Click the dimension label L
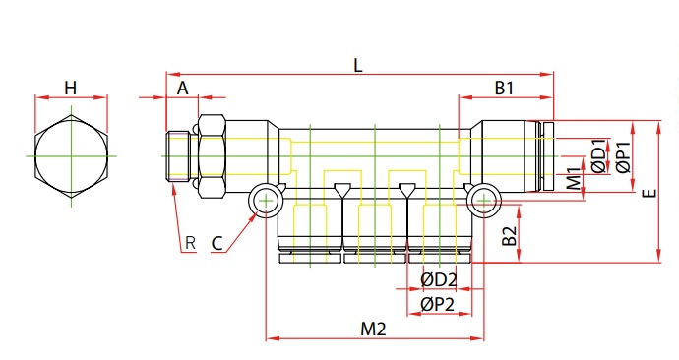coord(357,66)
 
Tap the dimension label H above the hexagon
coord(71,88)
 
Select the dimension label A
coord(183,88)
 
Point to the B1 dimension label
coord(504,88)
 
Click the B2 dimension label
coord(510,235)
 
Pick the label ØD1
coord(599,155)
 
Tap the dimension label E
coord(649,193)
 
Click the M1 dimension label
coord(575,179)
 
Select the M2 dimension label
coord(373,330)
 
